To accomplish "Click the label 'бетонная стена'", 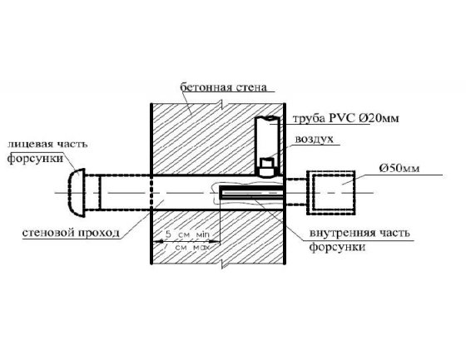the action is tap(223, 87).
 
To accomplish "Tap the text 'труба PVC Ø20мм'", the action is tap(346, 118).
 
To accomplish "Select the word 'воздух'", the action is tap(315, 139).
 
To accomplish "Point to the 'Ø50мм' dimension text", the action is tap(399, 168).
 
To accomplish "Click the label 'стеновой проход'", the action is tap(71, 233).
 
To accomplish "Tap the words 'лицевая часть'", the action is tap(47, 144).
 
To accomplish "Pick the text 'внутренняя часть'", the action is tap(359, 233).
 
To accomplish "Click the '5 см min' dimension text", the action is tap(187, 234).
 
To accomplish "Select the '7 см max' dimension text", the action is tap(187, 247).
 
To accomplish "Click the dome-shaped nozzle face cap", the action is tap(77, 193).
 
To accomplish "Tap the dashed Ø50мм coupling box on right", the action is tap(331, 193).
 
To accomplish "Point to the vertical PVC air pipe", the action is tap(267, 145).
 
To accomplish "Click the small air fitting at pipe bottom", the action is tap(267, 167).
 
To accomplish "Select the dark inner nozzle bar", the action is tap(251, 193).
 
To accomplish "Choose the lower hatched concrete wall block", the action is tap(218, 237).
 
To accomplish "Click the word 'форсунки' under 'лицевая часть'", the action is tap(35, 158).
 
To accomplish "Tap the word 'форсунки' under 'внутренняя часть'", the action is tap(337, 247).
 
